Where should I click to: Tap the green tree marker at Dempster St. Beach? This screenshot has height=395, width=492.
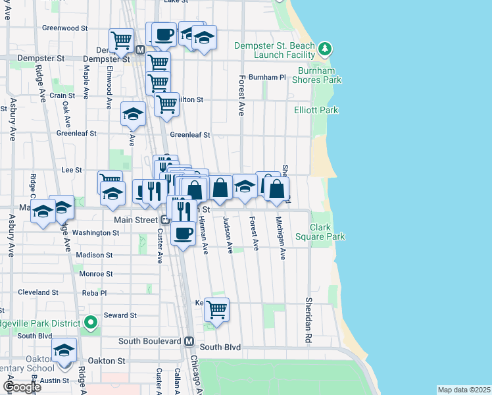(324, 49)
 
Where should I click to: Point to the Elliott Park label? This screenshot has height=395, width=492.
(316, 110)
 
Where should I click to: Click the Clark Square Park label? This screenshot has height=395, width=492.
(328, 231)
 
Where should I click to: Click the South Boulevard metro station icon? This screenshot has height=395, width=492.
(189, 341)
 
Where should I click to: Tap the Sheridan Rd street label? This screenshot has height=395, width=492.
(308, 319)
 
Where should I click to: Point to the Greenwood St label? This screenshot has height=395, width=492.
(64, 28)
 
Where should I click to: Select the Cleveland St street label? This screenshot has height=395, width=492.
(38, 292)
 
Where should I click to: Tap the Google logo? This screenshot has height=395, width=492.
(22, 387)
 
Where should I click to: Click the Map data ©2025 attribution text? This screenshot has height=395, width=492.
(463, 390)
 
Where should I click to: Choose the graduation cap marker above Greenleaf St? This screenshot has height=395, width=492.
(133, 113)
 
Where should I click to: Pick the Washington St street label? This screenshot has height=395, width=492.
(95, 232)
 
